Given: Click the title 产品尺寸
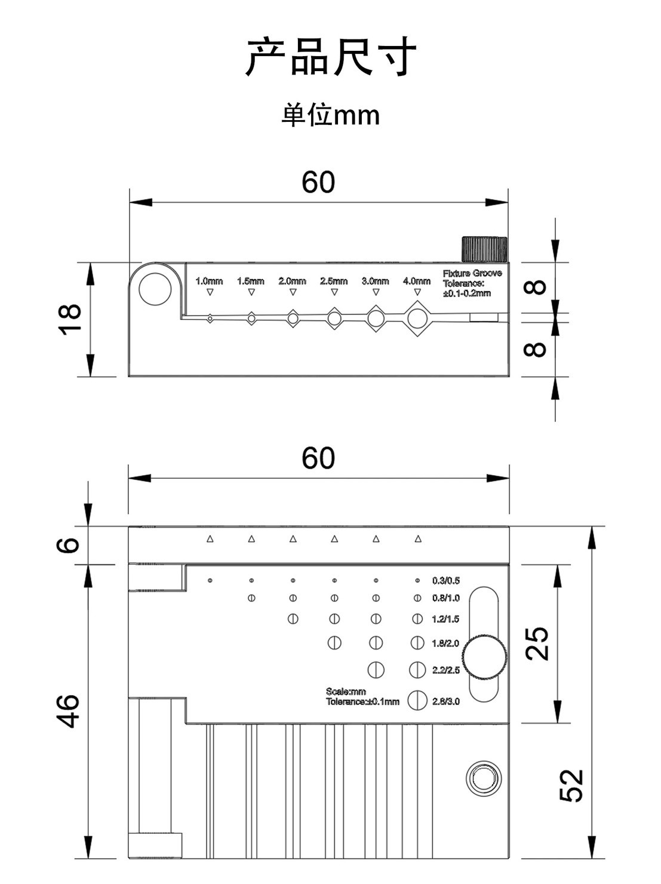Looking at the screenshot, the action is click(330, 57).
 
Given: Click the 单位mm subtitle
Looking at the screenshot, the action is click(330, 115).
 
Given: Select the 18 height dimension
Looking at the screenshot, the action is click(70, 319).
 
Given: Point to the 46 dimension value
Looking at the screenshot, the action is click(68, 711).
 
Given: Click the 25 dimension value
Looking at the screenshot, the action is click(537, 644).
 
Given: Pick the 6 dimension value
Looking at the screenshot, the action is click(68, 545).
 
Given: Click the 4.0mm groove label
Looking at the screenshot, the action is click(417, 281).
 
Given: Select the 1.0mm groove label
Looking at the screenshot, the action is click(209, 281).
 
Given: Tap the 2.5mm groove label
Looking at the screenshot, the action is click(334, 281).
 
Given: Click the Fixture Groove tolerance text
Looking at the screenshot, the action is click(472, 283).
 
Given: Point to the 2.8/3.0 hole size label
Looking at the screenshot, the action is click(446, 701).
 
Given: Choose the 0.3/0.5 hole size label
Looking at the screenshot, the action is click(446, 580).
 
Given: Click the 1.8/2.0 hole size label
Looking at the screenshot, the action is click(445, 643).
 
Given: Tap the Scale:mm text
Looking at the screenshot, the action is click(346, 692).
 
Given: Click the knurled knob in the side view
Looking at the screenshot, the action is click(484, 249).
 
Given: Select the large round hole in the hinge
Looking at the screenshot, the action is click(155, 289).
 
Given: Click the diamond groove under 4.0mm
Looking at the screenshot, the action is click(417, 318).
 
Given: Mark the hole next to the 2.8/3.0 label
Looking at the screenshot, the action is click(417, 700).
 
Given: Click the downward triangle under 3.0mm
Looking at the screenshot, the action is click(376, 292).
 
